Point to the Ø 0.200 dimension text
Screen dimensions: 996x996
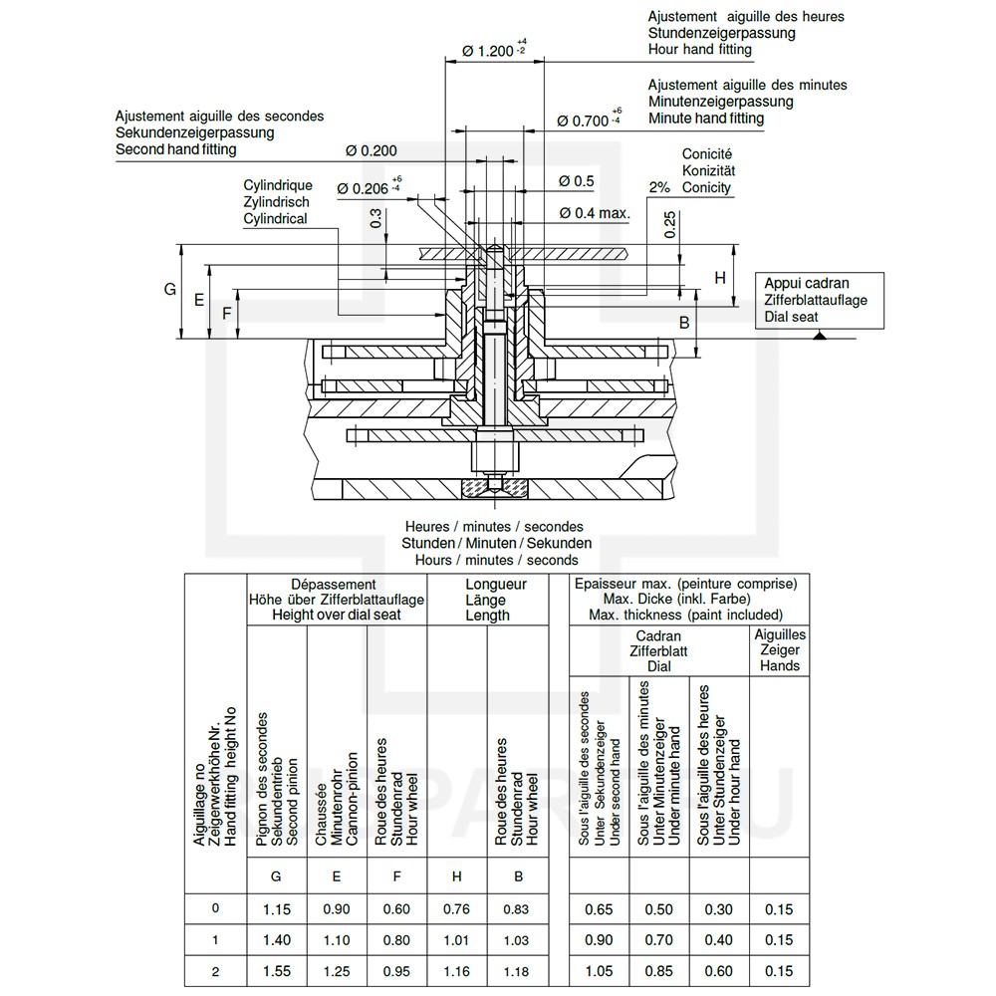click(x=371, y=150)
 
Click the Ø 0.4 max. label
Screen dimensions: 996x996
click(x=595, y=213)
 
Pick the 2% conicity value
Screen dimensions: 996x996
click(x=659, y=187)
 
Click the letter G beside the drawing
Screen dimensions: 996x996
click(x=170, y=289)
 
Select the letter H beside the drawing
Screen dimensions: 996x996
click(x=720, y=278)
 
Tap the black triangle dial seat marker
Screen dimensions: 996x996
click(x=820, y=334)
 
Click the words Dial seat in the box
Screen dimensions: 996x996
click(x=791, y=317)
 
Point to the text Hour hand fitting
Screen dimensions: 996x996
click(x=700, y=50)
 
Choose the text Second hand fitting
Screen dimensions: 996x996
click(x=176, y=149)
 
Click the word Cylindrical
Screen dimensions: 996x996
click(x=275, y=218)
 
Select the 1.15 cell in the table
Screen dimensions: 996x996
click(x=276, y=909)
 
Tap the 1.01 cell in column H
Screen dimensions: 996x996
click(x=456, y=940)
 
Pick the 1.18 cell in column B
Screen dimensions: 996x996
click(x=516, y=971)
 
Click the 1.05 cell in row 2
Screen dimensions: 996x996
click(x=599, y=971)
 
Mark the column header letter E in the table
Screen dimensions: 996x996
click(x=336, y=876)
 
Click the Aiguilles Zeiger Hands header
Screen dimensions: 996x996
click(x=780, y=649)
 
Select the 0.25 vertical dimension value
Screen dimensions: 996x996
click(x=669, y=225)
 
